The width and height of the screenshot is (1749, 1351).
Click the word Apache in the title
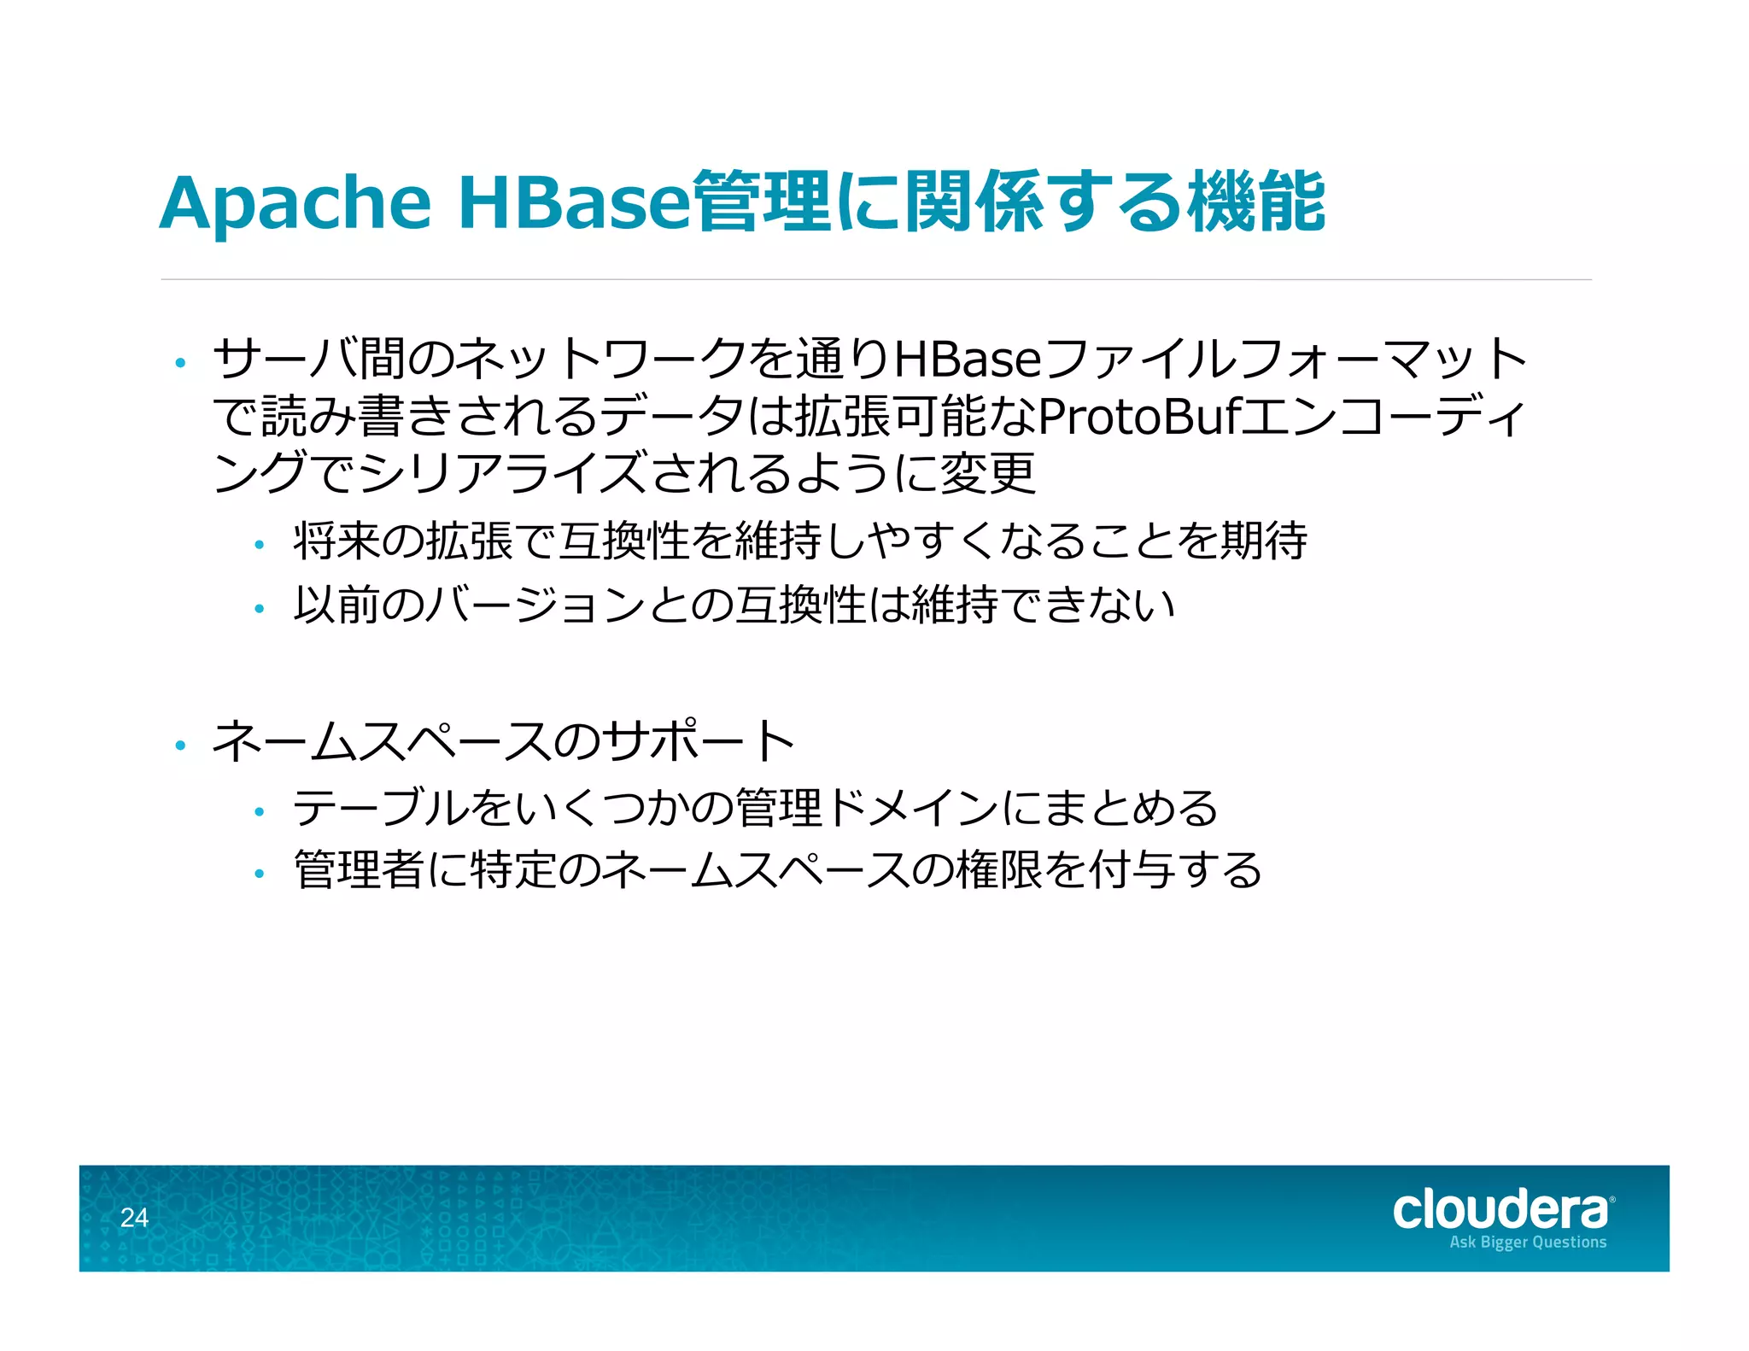click(x=295, y=205)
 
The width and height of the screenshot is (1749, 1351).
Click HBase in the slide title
click(x=573, y=203)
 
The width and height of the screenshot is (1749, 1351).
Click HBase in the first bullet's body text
click(x=967, y=360)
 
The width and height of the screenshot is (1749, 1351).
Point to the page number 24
click(x=134, y=1218)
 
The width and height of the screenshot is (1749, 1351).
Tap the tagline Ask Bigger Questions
click(x=1528, y=1243)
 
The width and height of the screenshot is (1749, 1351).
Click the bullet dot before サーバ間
click(x=179, y=364)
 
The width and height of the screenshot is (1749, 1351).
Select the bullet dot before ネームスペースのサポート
click(x=179, y=746)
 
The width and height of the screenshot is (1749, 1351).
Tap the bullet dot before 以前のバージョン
click(x=260, y=609)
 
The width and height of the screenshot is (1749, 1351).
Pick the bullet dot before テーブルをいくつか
click(x=260, y=812)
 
